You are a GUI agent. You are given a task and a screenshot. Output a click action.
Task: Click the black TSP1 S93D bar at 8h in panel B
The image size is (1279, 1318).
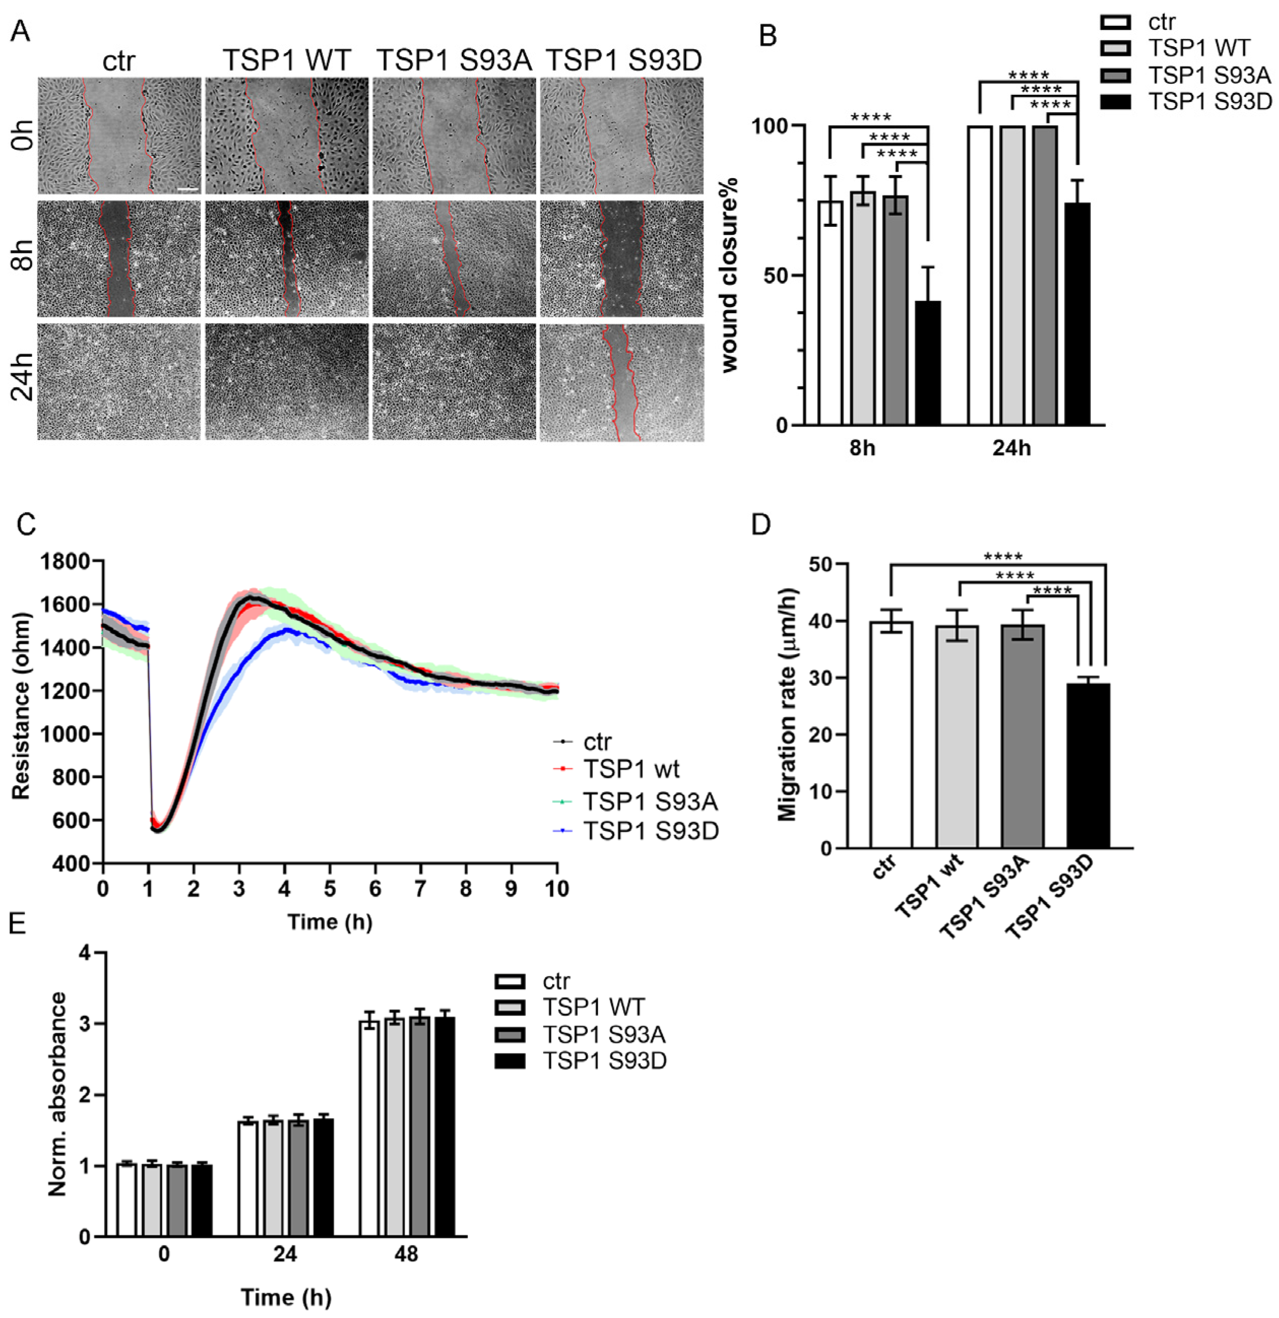(928, 363)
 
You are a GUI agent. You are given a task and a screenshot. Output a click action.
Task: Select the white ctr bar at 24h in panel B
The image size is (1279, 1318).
(979, 276)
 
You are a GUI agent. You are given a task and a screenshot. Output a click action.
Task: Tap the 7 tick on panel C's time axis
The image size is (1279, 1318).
(420, 889)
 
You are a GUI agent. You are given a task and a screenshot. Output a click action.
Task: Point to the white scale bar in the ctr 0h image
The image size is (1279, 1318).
(189, 189)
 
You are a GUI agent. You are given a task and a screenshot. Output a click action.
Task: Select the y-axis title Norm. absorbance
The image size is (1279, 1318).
(58, 1103)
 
